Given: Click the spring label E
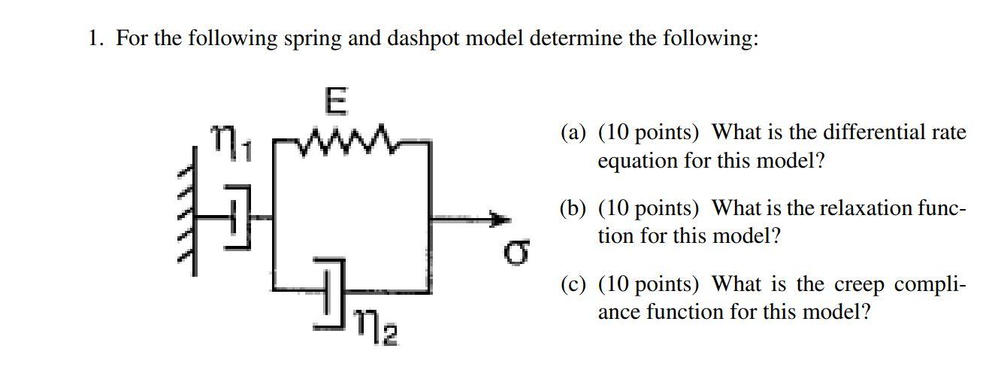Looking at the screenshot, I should point(336,104).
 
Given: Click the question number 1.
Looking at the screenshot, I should point(93,38).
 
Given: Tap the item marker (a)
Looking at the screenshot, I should point(573,134).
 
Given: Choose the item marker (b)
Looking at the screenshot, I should point(573,208).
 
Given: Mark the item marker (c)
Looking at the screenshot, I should point(573,284).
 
